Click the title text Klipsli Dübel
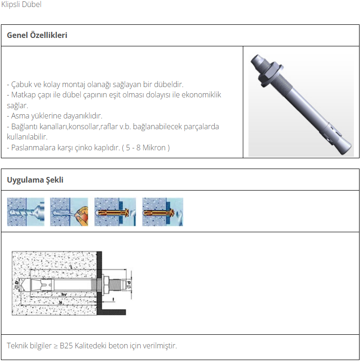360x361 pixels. (21, 4)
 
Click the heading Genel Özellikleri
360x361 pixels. (37, 35)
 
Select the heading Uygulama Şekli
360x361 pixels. (35, 180)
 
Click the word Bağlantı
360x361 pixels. (24, 126)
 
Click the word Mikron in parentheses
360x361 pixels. (154, 147)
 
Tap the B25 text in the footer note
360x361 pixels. (66, 346)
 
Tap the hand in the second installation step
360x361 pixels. (82, 215)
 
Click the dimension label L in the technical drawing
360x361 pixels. (71, 267)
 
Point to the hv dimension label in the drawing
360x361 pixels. (64, 295)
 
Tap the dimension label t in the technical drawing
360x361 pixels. (113, 299)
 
